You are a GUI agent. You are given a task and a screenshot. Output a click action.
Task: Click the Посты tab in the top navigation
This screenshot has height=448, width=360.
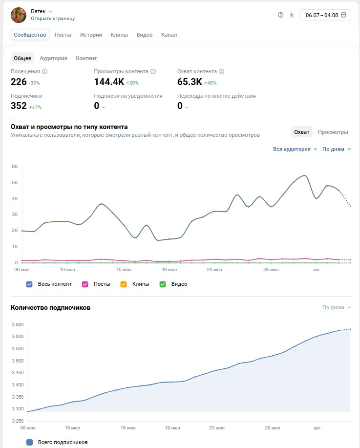click(x=63, y=35)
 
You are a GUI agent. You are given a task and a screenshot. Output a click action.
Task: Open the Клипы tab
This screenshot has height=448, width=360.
click(x=119, y=35)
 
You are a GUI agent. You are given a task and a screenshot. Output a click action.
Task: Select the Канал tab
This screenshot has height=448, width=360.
click(x=169, y=35)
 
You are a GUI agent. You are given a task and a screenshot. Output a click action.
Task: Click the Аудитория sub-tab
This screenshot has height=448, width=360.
click(x=53, y=58)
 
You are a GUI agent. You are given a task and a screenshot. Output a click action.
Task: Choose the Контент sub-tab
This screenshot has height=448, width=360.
click(x=86, y=58)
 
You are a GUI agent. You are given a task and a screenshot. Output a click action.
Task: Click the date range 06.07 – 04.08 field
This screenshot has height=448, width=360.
click(x=325, y=15)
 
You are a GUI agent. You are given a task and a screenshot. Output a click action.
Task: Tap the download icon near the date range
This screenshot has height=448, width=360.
click(x=292, y=15)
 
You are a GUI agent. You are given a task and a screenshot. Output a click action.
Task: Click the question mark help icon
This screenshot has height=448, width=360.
click(x=280, y=15)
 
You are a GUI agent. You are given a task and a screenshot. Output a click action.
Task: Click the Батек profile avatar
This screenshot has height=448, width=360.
click(x=19, y=15)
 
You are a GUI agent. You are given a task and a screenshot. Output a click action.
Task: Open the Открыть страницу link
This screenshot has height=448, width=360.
click(x=53, y=19)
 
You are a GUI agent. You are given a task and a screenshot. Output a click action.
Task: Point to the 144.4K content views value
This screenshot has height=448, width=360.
click(x=109, y=82)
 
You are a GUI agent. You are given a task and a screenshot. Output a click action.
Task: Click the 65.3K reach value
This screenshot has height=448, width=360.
click(x=190, y=82)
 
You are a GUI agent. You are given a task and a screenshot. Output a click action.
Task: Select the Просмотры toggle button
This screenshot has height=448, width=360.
click(x=333, y=132)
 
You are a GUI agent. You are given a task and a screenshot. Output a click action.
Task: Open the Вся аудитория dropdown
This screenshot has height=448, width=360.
click(x=295, y=149)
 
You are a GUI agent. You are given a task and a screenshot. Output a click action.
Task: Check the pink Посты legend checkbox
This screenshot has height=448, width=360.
click(x=85, y=284)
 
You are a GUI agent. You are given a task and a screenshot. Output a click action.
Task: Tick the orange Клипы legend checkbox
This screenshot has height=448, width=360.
click(x=124, y=284)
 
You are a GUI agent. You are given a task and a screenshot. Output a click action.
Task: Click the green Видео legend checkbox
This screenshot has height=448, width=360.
click(x=163, y=284)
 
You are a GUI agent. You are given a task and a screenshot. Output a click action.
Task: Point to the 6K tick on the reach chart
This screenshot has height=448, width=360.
click(x=15, y=167)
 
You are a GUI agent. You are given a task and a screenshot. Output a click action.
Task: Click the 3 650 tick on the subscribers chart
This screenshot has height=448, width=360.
click(x=18, y=325)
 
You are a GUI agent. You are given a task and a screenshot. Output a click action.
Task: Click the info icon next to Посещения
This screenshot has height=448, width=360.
click(x=44, y=71)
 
